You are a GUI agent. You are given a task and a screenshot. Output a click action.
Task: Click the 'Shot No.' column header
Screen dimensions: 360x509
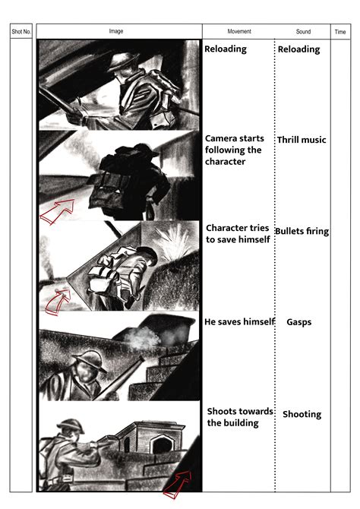pyautogui.click(x=21, y=31)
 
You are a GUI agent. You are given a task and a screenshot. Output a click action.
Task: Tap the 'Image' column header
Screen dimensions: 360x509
pyautogui.click(x=116, y=31)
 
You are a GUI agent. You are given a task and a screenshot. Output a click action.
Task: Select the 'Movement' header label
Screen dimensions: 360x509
pyautogui.click(x=239, y=31)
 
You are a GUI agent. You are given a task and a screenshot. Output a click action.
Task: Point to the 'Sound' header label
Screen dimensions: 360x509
pyautogui.click(x=303, y=31)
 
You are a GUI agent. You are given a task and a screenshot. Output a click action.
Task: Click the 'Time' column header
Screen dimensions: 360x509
pyautogui.click(x=340, y=32)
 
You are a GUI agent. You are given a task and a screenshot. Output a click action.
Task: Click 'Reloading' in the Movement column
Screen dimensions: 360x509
pyautogui.click(x=226, y=49)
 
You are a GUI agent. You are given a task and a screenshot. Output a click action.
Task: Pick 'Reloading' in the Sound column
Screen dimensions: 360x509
pyautogui.click(x=299, y=49)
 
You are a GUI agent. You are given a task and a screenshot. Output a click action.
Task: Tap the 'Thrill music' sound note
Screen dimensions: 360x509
pyautogui.click(x=302, y=140)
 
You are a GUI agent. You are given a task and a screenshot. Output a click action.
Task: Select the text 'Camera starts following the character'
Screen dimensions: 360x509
pyautogui.click(x=233, y=150)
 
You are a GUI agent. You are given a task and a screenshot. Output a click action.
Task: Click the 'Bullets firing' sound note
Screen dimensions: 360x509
pyautogui.click(x=302, y=231)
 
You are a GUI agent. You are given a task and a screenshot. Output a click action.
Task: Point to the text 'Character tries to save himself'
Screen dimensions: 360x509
pyautogui.click(x=238, y=234)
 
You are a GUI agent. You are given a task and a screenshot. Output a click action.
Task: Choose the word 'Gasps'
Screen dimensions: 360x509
pyautogui.click(x=299, y=322)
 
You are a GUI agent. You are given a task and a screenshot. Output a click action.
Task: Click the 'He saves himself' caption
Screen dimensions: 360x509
pyautogui.click(x=239, y=321)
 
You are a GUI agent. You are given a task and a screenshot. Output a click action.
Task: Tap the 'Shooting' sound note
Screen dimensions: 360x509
pyautogui.click(x=302, y=414)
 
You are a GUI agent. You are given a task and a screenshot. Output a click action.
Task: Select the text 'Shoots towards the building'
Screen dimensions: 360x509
pyautogui.click(x=240, y=417)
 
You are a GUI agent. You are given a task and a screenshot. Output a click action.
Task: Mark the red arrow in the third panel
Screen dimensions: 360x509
pyautogui.click(x=58, y=302)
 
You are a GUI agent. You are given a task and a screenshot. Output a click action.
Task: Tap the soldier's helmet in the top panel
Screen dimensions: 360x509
pyautogui.click(x=123, y=62)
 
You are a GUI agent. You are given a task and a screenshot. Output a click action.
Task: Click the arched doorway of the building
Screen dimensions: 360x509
pyautogui.click(x=162, y=444)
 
